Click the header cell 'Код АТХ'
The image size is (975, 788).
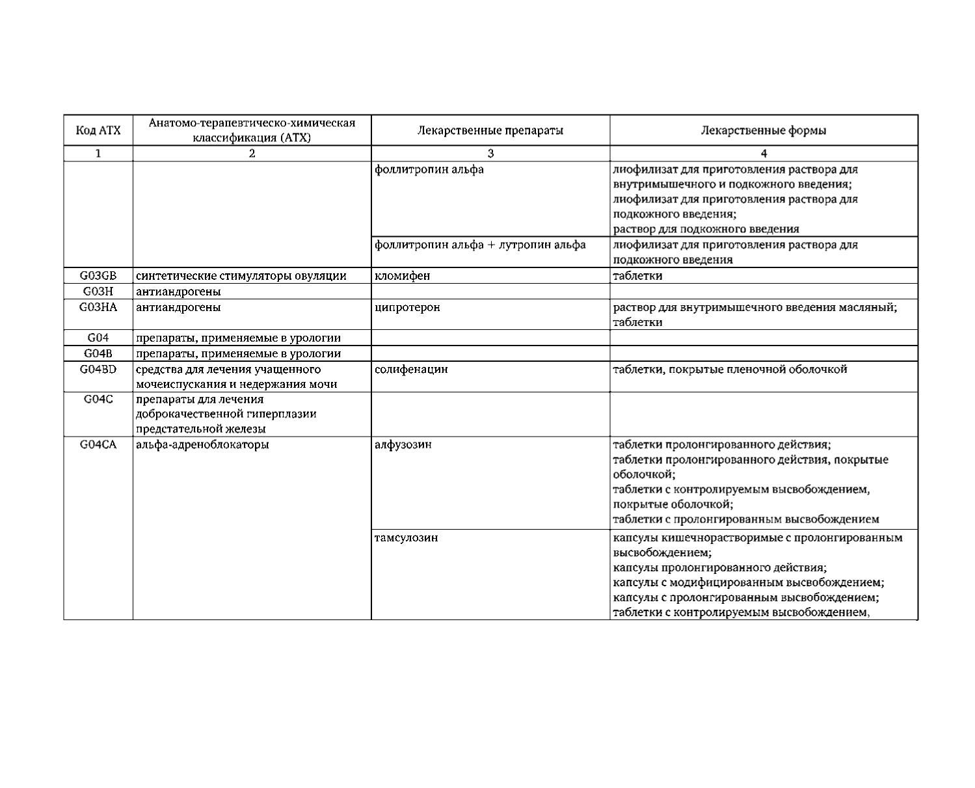click(98, 130)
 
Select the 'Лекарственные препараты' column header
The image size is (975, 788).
click(490, 130)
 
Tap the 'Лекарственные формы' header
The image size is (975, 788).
click(764, 130)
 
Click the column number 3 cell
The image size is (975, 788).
click(490, 154)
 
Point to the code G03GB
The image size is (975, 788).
click(98, 275)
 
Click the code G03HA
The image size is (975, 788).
click(98, 307)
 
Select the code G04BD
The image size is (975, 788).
click(98, 369)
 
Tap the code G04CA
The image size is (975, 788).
click(98, 445)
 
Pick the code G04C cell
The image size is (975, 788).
click(98, 399)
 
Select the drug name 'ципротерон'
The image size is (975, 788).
click(408, 307)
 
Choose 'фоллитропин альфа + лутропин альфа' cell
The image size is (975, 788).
click(481, 245)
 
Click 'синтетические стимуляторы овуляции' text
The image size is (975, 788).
click(241, 276)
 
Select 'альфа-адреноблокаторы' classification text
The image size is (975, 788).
click(202, 445)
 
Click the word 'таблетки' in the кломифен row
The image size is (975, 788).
click(638, 276)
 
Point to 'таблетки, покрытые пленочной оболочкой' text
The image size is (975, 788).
click(730, 370)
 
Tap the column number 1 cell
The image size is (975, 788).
click(98, 154)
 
